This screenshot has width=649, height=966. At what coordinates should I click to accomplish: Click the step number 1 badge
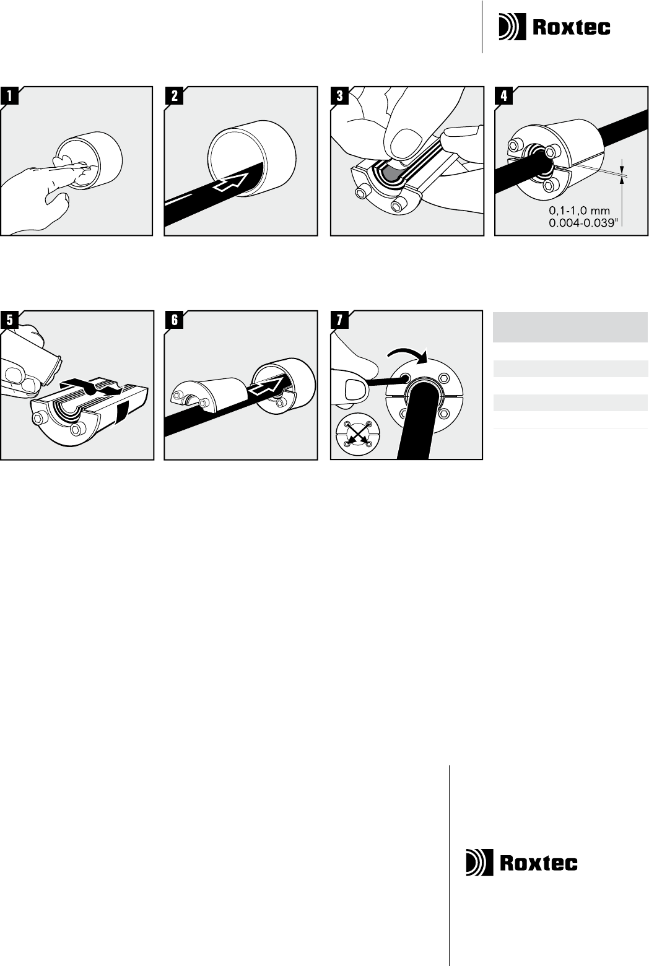click(x=9, y=95)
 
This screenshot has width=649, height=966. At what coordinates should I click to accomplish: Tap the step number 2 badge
click(x=174, y=95)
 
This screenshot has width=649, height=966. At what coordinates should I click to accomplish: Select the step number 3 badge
click(x=340, y=95)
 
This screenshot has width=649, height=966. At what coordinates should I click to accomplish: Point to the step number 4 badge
click(x=503, y=95)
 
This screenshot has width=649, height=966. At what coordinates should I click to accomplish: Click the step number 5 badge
click(x=9, y=320)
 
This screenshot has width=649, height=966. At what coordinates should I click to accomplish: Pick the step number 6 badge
click(x=174, y=320)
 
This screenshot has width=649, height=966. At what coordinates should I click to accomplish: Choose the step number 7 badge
click(x=340, y=320)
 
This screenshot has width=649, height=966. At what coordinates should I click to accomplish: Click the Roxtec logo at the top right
click(x=555, y=27)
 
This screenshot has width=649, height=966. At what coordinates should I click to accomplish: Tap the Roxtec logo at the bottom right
click(x=522, y=862)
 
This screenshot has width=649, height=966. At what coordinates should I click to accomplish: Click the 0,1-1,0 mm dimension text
click(x=579, y=211)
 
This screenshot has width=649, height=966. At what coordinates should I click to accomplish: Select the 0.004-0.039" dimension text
click(x=583, y=222)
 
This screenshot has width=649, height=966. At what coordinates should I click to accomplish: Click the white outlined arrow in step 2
click(x=232, y=181)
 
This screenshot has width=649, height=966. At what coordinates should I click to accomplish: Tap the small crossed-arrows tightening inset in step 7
click(x=356, y=437)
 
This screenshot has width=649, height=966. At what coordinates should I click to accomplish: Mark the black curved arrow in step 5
click(x=92, y=386)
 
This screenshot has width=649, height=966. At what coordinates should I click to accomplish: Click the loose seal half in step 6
click(x=209, y=394)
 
